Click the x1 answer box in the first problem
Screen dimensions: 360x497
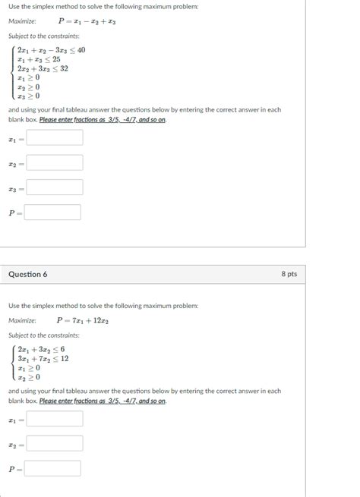click(x=54, y=139)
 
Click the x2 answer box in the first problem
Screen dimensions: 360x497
click(x=54, y=163)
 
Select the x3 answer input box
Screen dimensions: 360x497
click(x=54, y=187)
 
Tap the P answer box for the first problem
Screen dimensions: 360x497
click(x=53, y=212)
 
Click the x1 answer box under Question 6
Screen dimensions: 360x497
click(x=54, y=419)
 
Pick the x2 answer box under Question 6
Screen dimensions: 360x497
click(x=54, y=443)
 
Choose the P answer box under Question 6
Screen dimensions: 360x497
click(x=53, y=468)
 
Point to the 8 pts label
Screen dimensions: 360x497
click(x=289, y=274)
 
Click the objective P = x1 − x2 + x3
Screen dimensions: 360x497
click(x=87, y=21)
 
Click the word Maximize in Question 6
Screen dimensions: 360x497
click(x=22, y=321)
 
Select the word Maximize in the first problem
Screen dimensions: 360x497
click(x=22, y=21)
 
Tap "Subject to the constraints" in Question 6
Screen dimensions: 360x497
click(x=44, y=335)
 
